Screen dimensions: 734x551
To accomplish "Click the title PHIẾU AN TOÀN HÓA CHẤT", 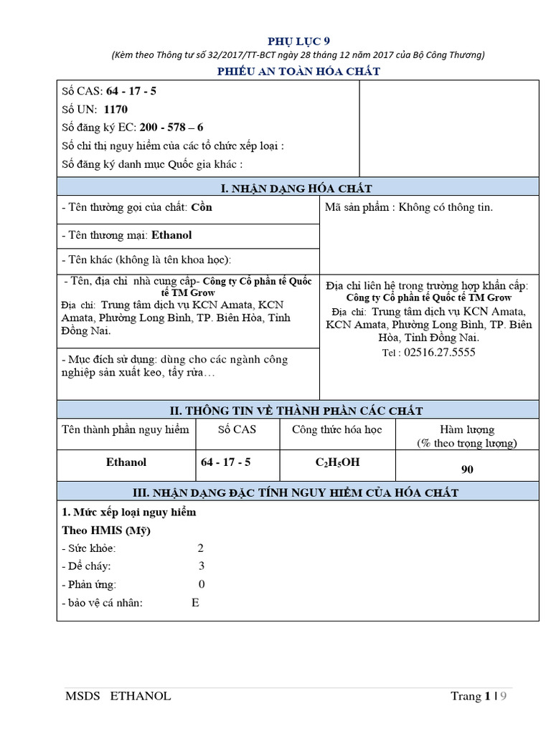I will [x=298, y=71].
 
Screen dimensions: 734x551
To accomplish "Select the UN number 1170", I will [x=115, y=110].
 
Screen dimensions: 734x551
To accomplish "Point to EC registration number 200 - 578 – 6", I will [x=171, y=128].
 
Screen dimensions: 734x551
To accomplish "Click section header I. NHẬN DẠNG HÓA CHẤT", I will [x=298, y=188].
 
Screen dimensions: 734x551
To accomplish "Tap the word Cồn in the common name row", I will [x=202, y=207].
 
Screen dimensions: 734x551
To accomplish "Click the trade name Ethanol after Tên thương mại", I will [x=171, y=235].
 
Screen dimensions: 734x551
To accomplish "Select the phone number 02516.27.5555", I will [x=440, y=352].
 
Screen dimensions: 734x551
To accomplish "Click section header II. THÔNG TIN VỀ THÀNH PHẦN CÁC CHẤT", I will [x=298, y=410].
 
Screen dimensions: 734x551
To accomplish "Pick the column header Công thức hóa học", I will [x=336, y=429].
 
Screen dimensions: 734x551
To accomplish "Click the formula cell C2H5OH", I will [x=337, y=462].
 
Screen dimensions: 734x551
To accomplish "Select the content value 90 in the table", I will [x=467, y=470].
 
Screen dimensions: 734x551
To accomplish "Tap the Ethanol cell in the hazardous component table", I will [x=126, y=462].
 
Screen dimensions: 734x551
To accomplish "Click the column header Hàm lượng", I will [x=467, y=429].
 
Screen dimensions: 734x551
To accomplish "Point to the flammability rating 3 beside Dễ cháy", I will [x=202, y=566].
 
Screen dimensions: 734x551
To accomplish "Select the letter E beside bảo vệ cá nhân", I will [x=195, y=602].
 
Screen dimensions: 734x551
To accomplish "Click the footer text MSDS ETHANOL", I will [x=118, y=696].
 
